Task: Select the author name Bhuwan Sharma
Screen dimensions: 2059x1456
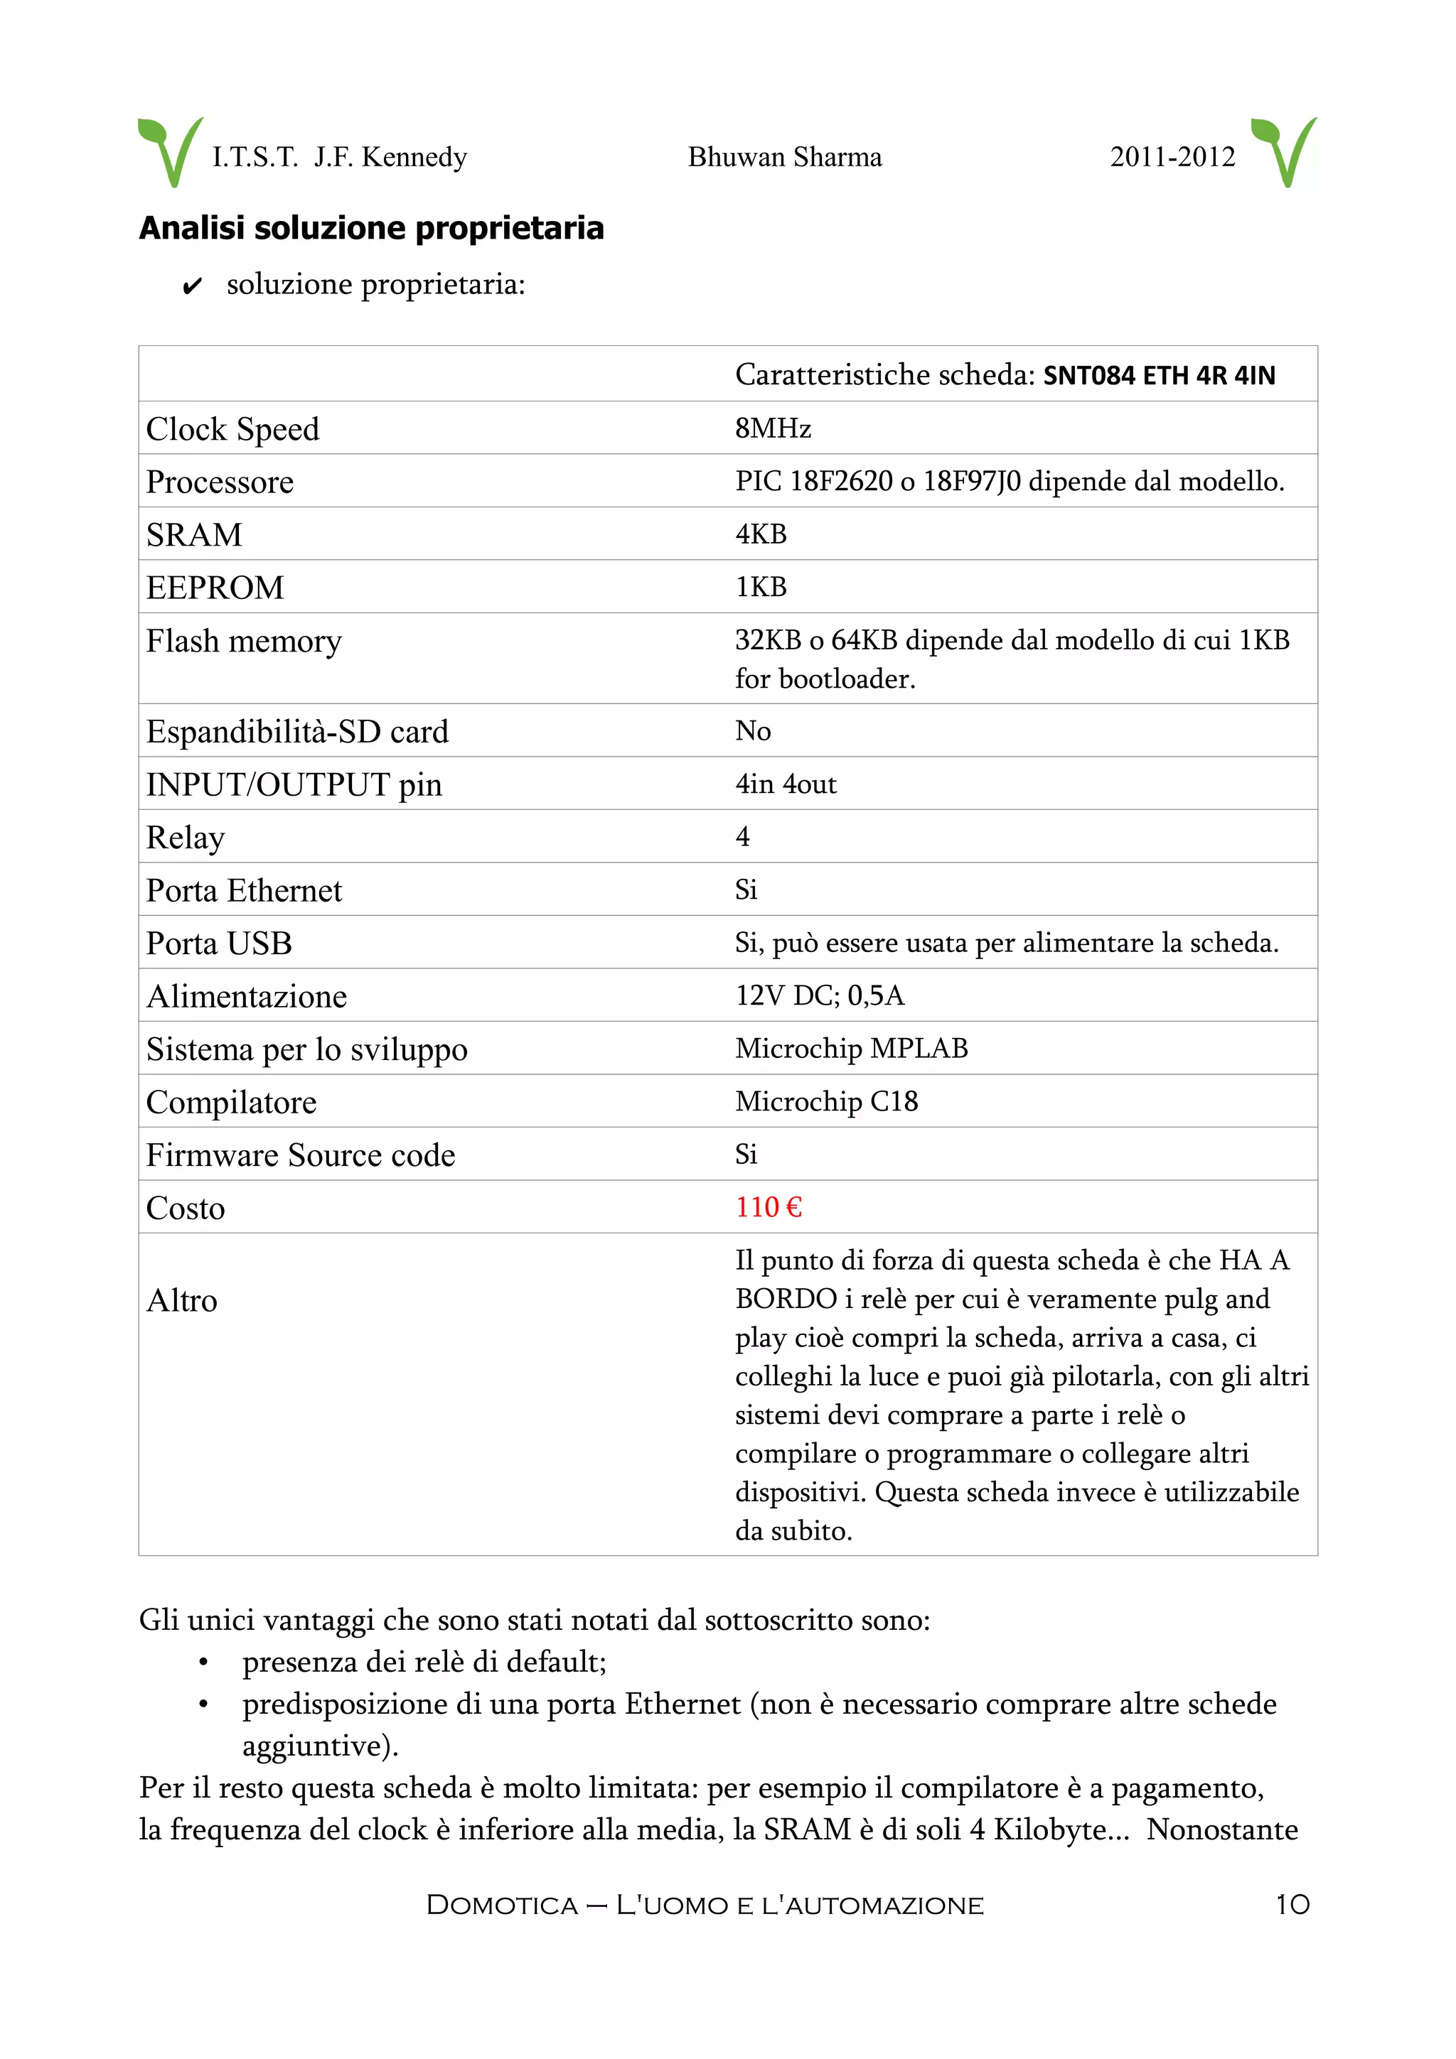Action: coord(784,158)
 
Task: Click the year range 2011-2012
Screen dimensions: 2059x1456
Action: coord(1172,158)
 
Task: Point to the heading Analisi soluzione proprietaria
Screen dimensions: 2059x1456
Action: coord(371,228)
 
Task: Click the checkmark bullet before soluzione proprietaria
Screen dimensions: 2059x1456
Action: coord(191,287)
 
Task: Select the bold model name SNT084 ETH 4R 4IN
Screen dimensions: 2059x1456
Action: coord(1158,376)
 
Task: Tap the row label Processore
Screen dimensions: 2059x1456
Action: coord(220,482)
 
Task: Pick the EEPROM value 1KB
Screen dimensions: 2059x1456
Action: coord(761,588)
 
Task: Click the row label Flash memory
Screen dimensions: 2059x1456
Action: coord(244,641)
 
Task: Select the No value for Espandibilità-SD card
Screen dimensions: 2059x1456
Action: coord(753,731)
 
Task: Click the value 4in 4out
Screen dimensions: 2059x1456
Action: coord(785,784)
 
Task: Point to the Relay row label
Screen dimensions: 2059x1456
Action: coord(186,838)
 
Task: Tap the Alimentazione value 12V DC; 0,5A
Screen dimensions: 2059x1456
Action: coord(819,995)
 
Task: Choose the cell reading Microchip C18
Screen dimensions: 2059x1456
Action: coord(826,1101)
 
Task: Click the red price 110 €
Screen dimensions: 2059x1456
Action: coord(768,1208)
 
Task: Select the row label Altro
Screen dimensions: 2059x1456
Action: coord(182,1300)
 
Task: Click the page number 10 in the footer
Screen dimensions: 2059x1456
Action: coord(1292,1904)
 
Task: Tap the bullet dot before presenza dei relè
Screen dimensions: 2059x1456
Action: coord(203,1663)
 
